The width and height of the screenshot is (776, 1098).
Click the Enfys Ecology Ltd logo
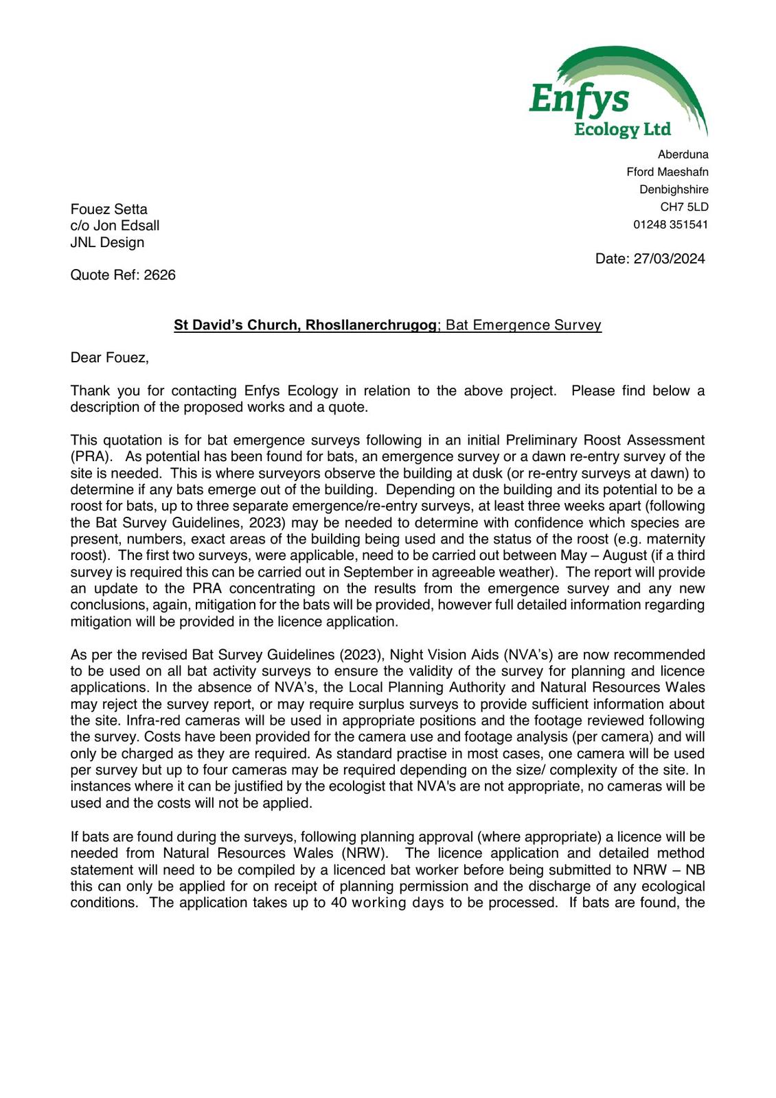pos(618,93)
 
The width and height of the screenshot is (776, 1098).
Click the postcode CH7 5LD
pos(684,207)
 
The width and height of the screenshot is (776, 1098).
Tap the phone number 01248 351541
pos(670,224)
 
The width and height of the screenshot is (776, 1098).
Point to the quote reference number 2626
pos(159,275)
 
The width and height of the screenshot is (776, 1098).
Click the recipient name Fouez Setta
pos(109,209)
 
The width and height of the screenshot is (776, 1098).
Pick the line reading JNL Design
pos(107,242)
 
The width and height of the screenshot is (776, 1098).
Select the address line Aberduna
pos(683,154)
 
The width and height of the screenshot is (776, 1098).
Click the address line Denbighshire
pos(674,189)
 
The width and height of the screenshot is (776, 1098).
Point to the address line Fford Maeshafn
pos(667,172)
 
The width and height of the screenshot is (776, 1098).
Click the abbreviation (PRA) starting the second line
pos(91,457)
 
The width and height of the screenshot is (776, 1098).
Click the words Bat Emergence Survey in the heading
pos(523,325)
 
